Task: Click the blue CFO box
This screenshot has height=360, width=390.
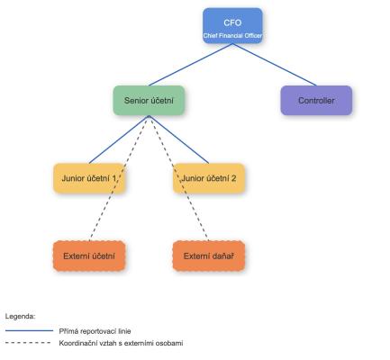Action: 232,26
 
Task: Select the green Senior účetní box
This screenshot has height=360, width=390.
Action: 149,101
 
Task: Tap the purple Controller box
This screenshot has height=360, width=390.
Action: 316,101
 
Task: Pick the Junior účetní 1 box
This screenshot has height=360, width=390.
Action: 89,178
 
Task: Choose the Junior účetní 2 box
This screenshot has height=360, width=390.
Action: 209,178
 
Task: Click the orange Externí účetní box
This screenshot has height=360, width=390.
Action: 89,256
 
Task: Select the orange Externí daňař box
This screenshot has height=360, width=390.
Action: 209,256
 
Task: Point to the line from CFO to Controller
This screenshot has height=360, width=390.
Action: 275,65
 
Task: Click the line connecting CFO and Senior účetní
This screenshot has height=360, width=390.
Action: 191,65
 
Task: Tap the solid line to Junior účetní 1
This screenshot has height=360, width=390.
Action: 119,139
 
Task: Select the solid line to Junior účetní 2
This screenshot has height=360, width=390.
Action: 178,139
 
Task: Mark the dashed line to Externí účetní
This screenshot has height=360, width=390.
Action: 119,178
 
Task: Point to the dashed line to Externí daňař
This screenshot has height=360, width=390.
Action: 178,178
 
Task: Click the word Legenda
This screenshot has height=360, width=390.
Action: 21,316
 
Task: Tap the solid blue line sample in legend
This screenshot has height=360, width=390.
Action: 29,330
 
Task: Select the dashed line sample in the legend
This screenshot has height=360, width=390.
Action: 28,343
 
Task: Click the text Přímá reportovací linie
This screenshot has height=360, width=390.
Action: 95,331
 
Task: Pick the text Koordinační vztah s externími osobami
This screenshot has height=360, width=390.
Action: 121,343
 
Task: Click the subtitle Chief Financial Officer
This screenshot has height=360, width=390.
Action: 232,35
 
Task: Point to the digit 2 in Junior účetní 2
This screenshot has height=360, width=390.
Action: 233,178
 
